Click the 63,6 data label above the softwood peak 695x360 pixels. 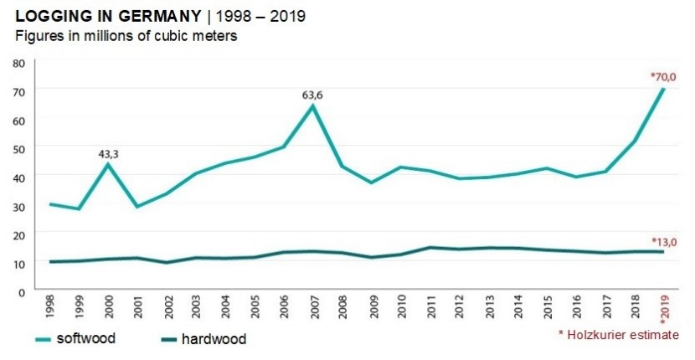(312, 95)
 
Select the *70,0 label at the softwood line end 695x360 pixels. (662, 77)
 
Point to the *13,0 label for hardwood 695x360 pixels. (662, 242)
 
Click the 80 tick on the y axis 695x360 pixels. (19, 63)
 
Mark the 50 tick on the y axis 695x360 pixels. (19, 148)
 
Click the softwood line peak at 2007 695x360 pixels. (312, 105)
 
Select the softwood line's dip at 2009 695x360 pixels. (372, 182)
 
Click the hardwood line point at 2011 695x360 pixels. (430, 247)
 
